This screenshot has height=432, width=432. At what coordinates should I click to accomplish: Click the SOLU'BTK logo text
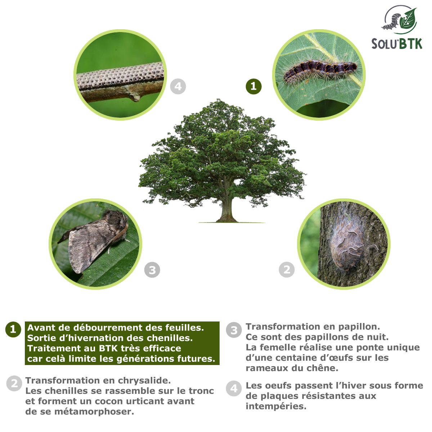click(x=396, y=44)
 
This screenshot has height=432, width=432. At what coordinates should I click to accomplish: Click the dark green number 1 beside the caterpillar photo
click(x=253, y=86)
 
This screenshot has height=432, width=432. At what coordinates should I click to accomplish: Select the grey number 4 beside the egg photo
click(x=178, y=86)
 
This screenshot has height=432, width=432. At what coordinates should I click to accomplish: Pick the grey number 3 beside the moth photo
click(x=152, y=270)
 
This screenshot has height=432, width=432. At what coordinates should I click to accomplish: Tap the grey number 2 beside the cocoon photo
click(x=287, y=269)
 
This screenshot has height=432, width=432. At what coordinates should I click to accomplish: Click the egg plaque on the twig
click(x=121, y=76)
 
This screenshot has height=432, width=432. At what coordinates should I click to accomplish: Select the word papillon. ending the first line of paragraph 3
click(x=358, y=327)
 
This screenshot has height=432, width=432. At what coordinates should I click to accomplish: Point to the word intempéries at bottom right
click(x=276, y=406)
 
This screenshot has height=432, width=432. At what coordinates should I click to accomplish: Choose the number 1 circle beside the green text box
click(x=13, y=329)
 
